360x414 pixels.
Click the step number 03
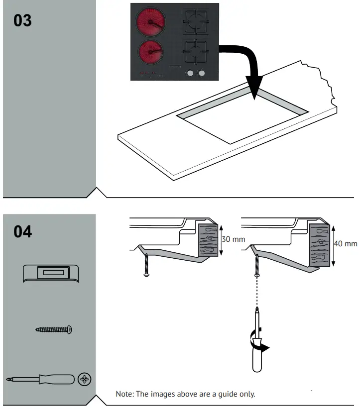coord(22,20)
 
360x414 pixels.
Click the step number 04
coord(22,231)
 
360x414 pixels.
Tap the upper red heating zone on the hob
coord(150,22)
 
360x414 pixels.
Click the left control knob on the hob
coord(190,74)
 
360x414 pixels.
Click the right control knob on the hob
coord(202,74)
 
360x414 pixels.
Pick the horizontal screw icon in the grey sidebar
coord(54,329)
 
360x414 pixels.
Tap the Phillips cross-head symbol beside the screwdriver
coord(85,380)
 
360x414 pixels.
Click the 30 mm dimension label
coord(234,239)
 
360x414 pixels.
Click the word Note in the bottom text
coord(125,394)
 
